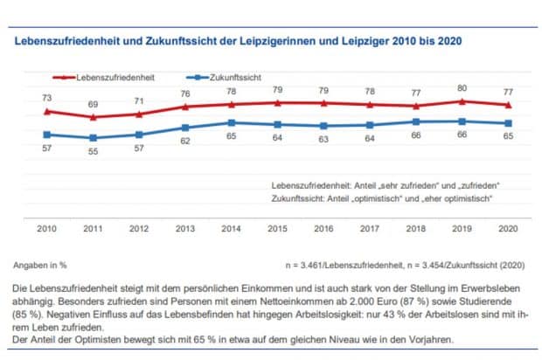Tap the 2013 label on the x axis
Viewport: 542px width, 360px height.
click(184, 227)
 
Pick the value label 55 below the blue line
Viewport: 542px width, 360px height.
click(92, 151)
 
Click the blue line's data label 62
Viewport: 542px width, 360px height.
click(184, 141)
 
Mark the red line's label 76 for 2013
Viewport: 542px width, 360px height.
click(184, 93)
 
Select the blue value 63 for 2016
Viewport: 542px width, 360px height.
click(323, 138)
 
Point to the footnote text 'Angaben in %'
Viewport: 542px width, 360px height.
click(39, 263)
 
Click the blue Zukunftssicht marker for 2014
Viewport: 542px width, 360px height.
click(231, 123)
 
